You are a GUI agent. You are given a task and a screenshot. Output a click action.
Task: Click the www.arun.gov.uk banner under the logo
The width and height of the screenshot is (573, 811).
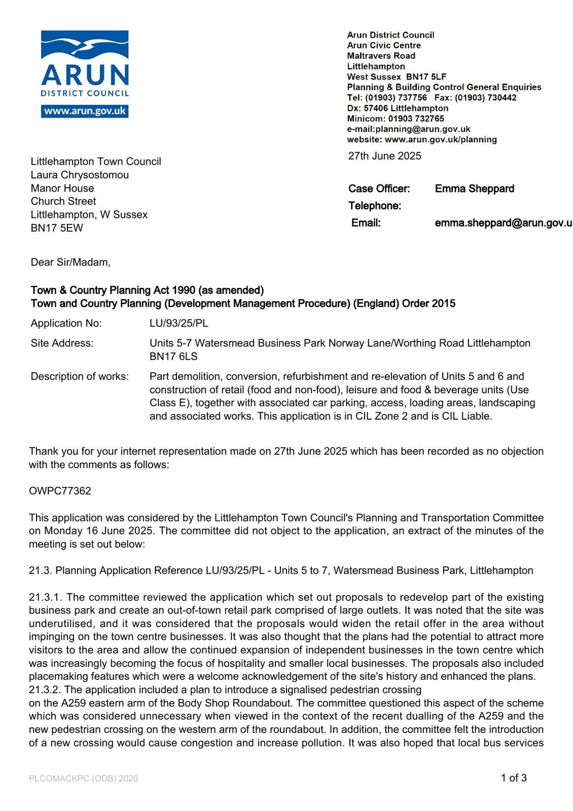click(x=85, y=111)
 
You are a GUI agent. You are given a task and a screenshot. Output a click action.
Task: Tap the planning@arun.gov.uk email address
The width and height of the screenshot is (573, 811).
click(x=423, y=129)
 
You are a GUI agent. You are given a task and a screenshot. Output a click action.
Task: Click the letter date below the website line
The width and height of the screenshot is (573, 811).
click(x=384, y=156)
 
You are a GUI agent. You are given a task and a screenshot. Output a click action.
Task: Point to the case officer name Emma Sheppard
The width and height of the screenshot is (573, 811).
click(x=474, y=189)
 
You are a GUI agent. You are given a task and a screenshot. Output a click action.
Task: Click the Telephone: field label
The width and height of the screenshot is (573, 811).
click(x=374, y=206)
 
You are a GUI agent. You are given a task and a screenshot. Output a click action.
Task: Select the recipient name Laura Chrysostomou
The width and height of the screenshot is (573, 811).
click(x=80, y=175)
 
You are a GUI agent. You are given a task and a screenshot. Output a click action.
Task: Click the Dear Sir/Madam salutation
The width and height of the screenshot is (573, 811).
click(x=70, y=262)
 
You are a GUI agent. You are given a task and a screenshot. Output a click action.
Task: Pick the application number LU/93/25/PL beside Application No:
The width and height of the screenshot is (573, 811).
click(x=178, y=323)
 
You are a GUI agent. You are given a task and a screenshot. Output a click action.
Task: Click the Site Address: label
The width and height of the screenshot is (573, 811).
click(x=62, y=343)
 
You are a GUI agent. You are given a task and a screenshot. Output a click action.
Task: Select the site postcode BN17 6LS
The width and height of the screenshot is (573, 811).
click(x=173, y=356)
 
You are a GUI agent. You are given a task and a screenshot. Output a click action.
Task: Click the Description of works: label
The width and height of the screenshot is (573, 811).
click(x=80, y=376)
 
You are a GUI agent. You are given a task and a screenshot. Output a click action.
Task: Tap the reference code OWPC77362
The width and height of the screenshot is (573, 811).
click(x=60, y=491)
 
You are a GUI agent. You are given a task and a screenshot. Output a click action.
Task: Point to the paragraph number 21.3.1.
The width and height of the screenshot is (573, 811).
click(x=46, y=597)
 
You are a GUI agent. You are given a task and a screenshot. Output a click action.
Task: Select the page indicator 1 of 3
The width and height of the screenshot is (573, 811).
click(x=514, y=778)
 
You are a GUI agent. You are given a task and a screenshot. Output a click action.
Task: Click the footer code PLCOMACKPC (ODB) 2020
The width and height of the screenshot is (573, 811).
click(x=83, y=778)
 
